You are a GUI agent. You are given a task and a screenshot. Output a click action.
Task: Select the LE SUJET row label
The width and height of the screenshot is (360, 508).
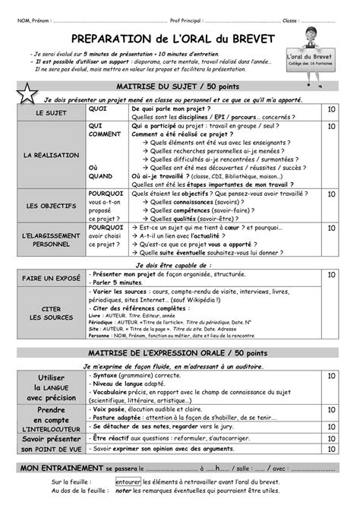pyautogui.click(x=51, y=114)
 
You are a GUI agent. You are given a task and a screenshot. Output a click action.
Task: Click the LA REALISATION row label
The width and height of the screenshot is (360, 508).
pyautogui.click(x=51, y=156)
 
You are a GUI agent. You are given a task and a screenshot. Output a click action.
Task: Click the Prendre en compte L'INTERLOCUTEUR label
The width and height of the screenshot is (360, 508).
pyautogui.click(x=51, y=421)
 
